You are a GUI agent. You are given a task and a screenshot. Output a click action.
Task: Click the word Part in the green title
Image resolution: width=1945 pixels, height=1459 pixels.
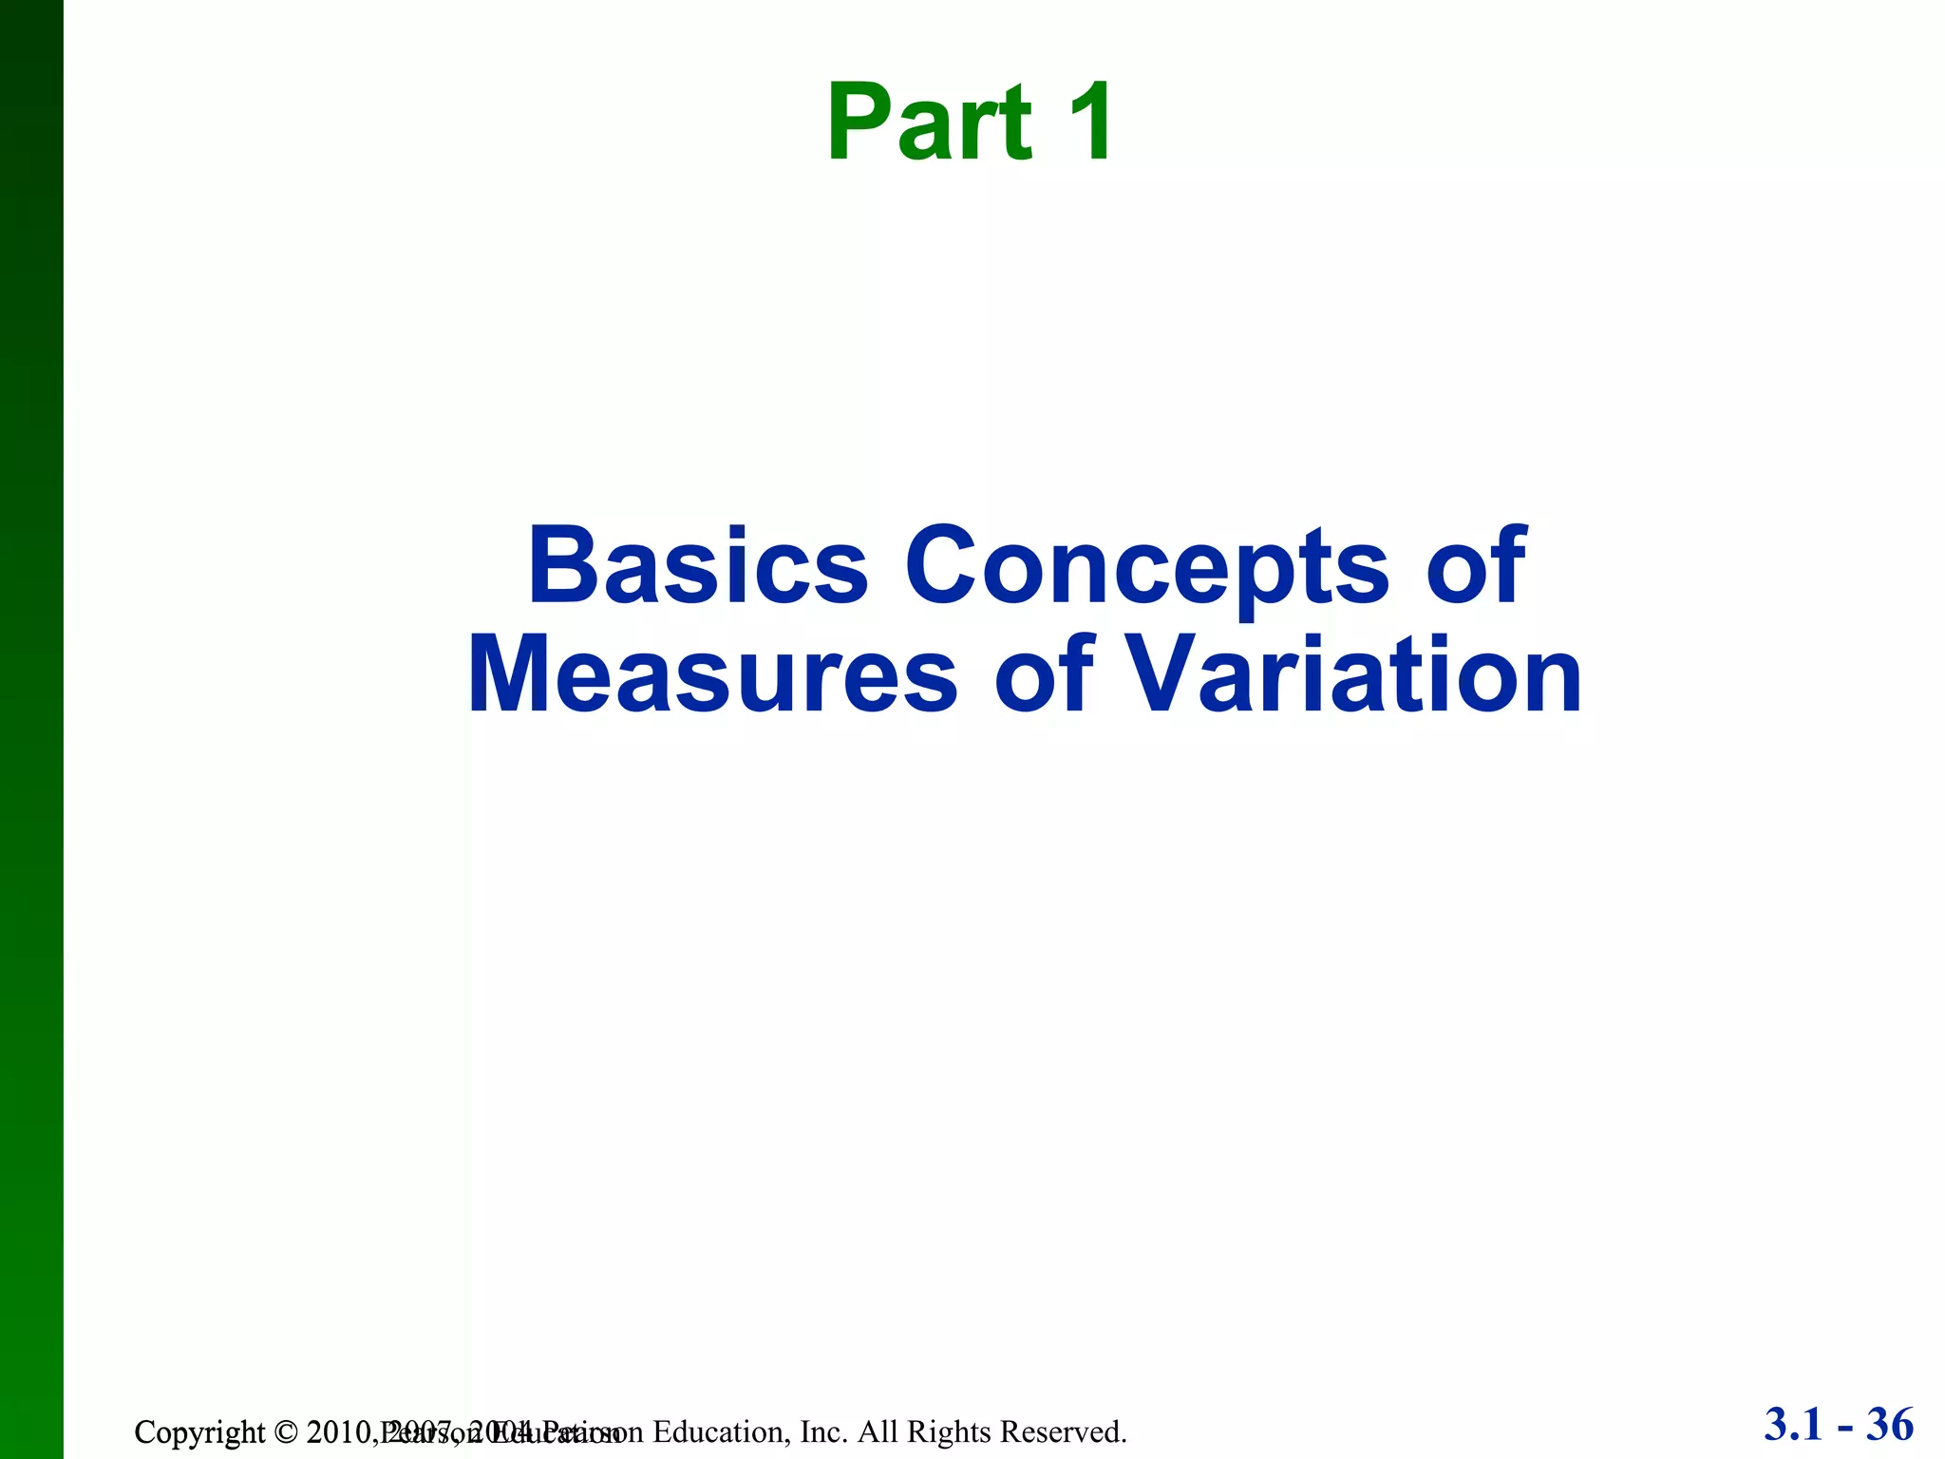coord(928,124)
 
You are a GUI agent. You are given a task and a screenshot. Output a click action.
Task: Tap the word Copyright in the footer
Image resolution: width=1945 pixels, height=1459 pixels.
coord(199,1432)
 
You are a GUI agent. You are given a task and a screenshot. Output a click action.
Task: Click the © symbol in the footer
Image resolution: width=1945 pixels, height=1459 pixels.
coord(285,1432)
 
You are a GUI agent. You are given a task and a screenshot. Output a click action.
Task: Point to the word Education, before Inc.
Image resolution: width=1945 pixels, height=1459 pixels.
coord(722,1431)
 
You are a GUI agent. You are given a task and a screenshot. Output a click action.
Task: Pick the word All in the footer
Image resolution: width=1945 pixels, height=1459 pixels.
coord(878,1431)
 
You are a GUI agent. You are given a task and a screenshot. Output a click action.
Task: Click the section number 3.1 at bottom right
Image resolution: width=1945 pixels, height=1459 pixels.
coord(1794,1425)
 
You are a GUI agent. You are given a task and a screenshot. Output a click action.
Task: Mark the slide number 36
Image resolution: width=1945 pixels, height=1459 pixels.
coord(1890,1425)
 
